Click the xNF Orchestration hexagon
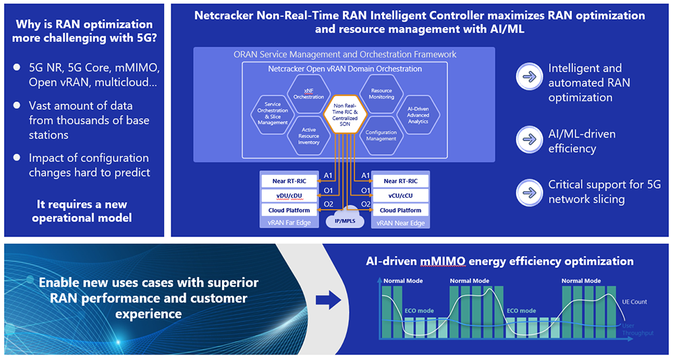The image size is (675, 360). coord(308,93)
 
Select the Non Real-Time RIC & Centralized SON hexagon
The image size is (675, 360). coord(345,114)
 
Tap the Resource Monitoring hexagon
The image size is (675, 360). coord(381,93)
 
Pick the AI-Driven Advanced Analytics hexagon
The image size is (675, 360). coord(418,115)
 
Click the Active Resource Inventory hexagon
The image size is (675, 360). coord(308,135)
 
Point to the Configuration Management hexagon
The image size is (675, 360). coord(381,135)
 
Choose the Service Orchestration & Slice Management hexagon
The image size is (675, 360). coord(273,114)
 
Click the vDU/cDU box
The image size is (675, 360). coord(289,195)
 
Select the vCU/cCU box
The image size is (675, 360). coord(400,195)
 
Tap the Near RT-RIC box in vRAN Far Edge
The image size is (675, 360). coord(289,181)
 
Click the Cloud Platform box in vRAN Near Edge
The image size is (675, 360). coord(400,210)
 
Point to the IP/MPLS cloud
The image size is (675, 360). coord(345,218)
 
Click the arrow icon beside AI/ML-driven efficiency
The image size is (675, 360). coord(529,140)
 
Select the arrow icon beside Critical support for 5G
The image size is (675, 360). coord(529,192)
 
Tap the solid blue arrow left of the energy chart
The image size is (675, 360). coord(328,300)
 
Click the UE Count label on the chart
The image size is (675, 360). coord(634,302)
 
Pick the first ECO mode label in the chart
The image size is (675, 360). coord(419,311)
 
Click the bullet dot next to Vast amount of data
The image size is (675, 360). coord(17,105)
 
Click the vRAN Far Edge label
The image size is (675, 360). coord(289,223)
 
